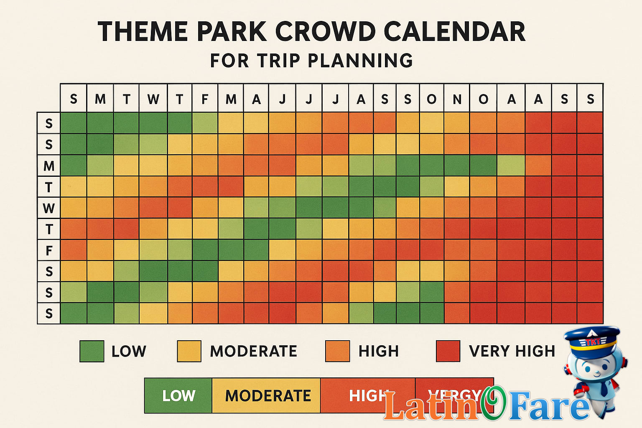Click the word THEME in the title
143,32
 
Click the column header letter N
457,99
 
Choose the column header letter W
153,99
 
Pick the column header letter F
205,99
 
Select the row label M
49,166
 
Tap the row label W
49,208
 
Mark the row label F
49,251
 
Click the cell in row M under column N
457,166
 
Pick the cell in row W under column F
205,208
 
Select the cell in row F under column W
153,250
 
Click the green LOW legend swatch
92,351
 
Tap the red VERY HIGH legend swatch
448,351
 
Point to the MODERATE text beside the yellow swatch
253,351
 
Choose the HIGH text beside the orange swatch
379,351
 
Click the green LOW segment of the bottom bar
178,395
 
